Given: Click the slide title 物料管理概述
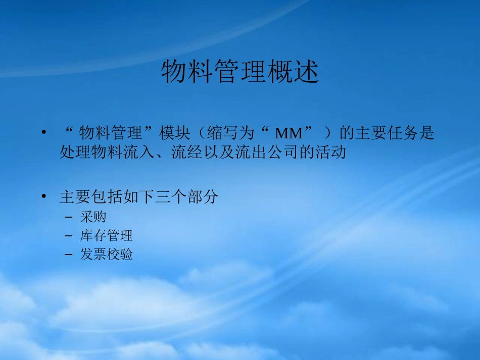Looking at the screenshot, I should [x=240, y=73].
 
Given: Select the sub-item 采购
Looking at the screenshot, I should [x=93, y=217].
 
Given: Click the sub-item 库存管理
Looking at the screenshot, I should [x=106, y=235].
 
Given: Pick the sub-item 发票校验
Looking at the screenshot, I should [x=106, y=254].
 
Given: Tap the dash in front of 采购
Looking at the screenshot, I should [x=69, y=217].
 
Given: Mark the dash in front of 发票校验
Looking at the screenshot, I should [x=69, y=254].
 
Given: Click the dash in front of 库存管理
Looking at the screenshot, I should [x=69, y=236].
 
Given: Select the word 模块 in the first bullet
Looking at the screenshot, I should [x=174, y=134].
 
